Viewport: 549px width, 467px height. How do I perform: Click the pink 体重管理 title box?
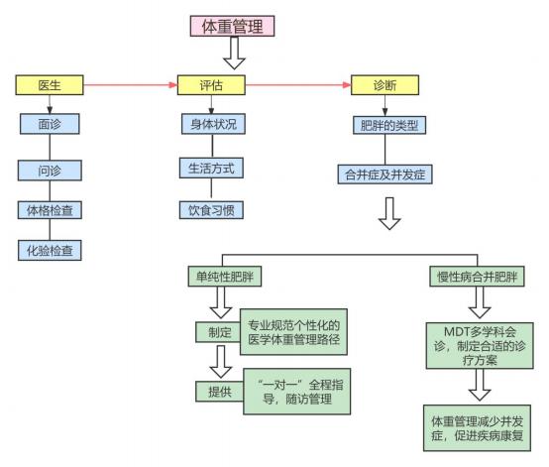click(232, 26)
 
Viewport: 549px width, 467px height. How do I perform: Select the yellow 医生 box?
click(50, 85)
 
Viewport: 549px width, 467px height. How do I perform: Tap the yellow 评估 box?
click(211, 85)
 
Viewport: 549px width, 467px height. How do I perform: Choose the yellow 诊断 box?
click(384, 85)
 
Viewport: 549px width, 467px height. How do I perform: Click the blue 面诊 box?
click(50, 124)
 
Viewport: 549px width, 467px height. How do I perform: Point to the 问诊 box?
click(50, 171)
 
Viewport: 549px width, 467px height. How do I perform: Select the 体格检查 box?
click(50, 210)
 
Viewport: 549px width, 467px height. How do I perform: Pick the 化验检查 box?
click(50, 250)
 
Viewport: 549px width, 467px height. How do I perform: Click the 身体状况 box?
click(213, 124)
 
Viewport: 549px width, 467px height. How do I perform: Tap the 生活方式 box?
click(211, 169)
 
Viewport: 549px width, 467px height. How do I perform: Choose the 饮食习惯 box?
click(211, 210)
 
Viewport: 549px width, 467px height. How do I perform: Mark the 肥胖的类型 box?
click(389, 125)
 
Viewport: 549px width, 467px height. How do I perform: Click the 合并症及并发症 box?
click(385, 175)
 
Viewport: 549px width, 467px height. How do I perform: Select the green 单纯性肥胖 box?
click(225, 277)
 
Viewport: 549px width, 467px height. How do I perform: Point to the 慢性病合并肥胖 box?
click(478, 277)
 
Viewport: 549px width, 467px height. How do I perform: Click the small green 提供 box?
click(220, 392)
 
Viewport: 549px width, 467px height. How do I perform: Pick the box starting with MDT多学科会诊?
click(480, 346)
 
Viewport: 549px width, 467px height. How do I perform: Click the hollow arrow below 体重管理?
click(234, 53)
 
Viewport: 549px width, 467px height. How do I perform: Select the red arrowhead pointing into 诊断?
click(347, 85)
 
